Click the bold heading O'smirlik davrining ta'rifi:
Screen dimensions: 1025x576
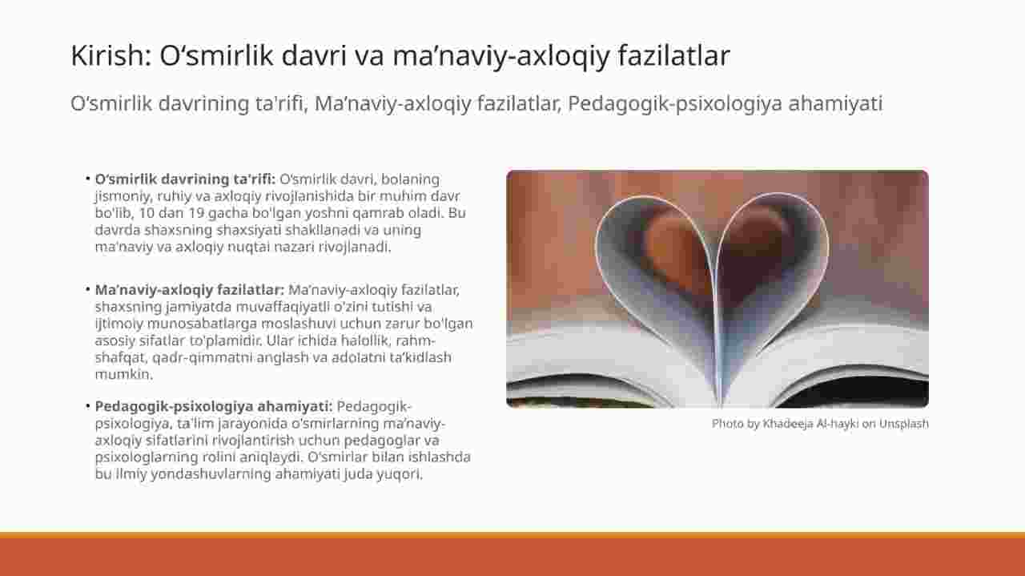point(185,179)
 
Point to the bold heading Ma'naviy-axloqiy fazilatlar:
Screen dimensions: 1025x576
point(190,290)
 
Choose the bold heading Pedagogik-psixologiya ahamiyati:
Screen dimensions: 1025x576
point(214,407)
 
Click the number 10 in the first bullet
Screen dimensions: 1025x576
point(147,213)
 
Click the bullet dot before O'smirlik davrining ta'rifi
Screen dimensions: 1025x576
point(87,179)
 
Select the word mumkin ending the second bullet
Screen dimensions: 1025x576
point(123,374)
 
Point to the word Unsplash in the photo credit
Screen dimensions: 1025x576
point(904,424)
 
